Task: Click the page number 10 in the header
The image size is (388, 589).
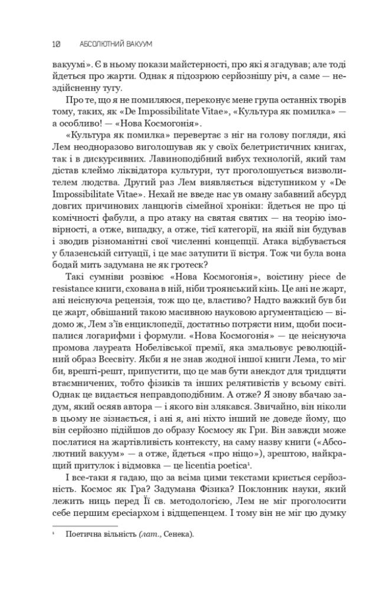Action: pos(57,44)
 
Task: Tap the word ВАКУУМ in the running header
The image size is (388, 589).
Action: pos(134,44)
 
